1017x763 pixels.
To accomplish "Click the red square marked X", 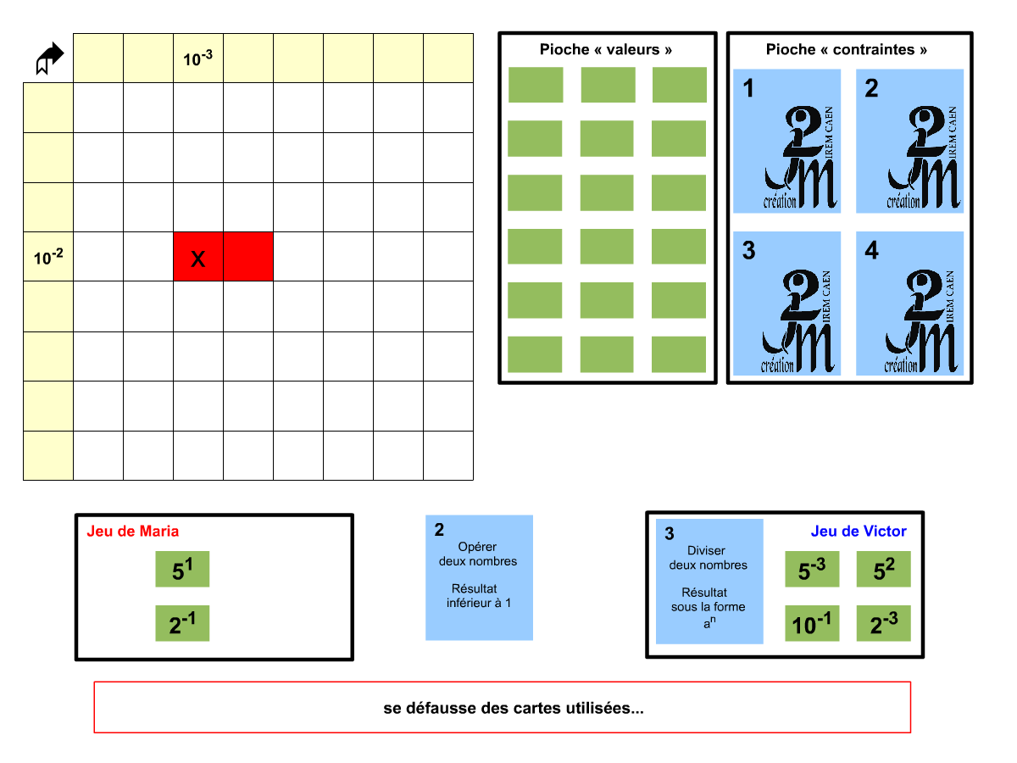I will (x=198, y=256).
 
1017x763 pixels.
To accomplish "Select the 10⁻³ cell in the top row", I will (x=198, y=58).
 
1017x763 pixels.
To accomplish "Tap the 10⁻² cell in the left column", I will (x=48, y=257).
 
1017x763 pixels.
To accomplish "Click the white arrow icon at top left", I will (x=50, y=58).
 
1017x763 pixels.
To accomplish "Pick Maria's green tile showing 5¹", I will (x=182, y=570).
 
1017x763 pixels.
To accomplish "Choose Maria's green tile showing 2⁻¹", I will (x=182, y=623).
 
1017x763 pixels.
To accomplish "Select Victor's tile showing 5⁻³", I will (x=812, y=570).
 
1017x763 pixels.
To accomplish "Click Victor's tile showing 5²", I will (x=883, y=570).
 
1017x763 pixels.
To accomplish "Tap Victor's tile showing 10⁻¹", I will (x=812, y=624).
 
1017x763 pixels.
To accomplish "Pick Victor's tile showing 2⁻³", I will (x=883, y=624).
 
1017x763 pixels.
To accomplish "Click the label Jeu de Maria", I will (x=133, y=532).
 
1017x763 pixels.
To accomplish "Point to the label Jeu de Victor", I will (x=859, y=532).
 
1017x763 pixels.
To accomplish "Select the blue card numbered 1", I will (x=787, y=141).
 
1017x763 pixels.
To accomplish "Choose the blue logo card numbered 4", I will (x=910, y=304).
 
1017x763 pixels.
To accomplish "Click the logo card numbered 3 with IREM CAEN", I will (x=787, y=304).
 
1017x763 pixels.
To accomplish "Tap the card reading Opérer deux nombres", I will (x=479, y=555).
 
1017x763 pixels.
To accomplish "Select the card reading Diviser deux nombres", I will (x=709, y=560).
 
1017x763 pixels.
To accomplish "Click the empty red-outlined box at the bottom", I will (x=502, y=707).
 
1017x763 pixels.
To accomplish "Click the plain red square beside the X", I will (x=248, y=256).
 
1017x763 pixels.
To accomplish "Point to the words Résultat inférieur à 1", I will (x=479, y=596).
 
